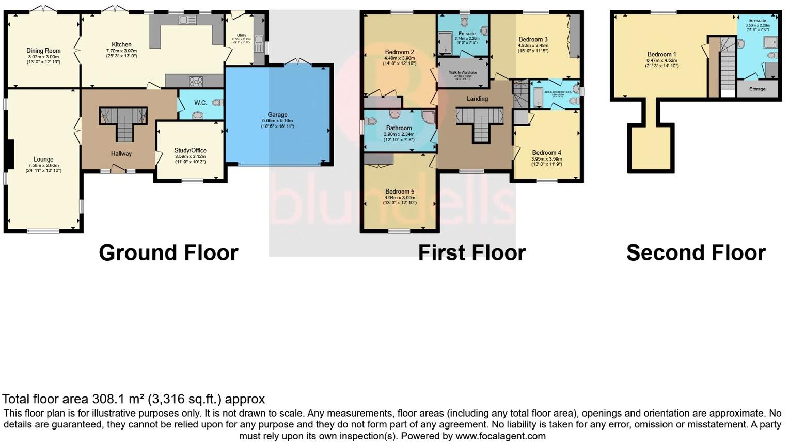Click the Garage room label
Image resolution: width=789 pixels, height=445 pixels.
[277, 115]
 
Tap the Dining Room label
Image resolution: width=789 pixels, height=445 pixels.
[43, 51]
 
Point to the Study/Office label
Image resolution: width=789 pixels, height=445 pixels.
[190, 151]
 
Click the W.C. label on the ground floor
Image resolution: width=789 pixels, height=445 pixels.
[200, 103]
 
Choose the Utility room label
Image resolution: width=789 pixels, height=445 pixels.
[242, 35]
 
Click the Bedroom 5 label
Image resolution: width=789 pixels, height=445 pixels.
[399, 192]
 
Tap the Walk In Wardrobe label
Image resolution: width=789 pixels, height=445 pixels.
[463, 73]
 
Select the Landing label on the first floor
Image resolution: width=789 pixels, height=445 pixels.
[477, 99]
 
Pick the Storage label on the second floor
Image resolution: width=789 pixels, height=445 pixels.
[758, 89]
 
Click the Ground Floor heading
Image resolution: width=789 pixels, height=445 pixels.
[168, 253]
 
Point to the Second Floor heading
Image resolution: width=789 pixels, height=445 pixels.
[696, 253]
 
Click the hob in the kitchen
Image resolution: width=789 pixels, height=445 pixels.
[196, 81]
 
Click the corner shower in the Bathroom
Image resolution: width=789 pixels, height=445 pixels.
[428, 117]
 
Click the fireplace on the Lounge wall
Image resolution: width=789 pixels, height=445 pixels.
[9, 155]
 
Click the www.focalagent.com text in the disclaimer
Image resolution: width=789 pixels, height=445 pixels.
[500, 436]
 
